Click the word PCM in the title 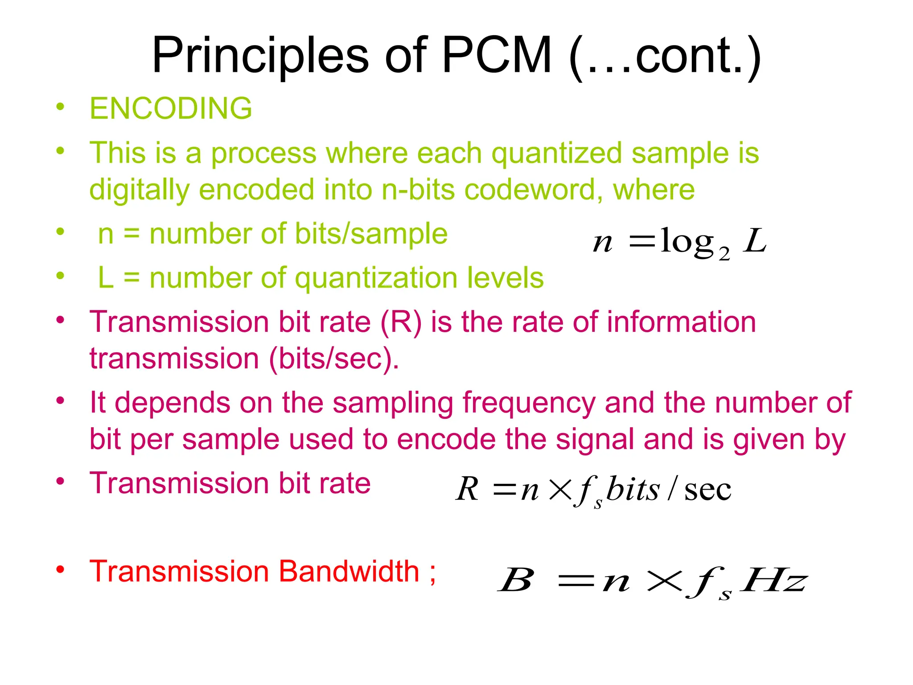(497, 56)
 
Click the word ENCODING (171, 108)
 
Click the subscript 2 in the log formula (724, 254)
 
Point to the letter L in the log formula (754, 241)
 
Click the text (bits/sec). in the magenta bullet (334, 359)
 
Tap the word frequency (528, 403)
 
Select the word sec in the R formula (707, 490)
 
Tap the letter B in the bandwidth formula (516, 580)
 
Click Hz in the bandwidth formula (773, 580)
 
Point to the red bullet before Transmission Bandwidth (61, 569)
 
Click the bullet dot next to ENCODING (61, 107)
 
